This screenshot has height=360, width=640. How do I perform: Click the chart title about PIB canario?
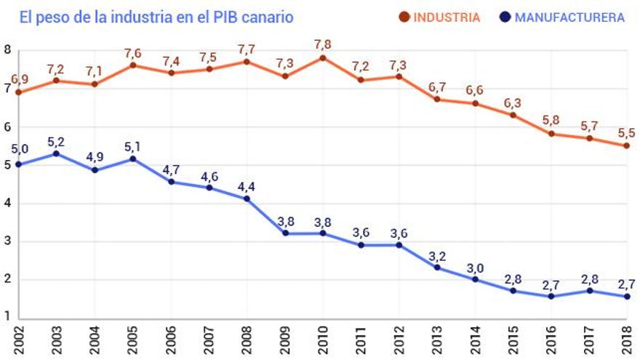pyautogui.click(x=156, y=16)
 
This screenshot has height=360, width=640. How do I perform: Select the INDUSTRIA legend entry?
pyautogui.click(x=439, y=17)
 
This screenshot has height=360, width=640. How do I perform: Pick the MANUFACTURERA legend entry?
pyautogui.click(x=563, y=17)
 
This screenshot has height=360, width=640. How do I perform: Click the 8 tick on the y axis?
pyautogui.click(x=7, y=50)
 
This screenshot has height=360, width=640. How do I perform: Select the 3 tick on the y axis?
pyautogui.click(x=7, y=241)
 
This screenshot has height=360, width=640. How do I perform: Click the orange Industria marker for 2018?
pyautogui.click(x=627, y=145)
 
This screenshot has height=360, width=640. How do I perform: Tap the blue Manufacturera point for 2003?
pyautogui.click(x=56, y=153)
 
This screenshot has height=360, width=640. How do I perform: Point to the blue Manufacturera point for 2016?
pyautogui.click(x=551, y=296)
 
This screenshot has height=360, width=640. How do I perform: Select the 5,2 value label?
pyautogui.click(x=56, y=140)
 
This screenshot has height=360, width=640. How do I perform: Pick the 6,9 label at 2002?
pyautogui.click(x=18, y=79)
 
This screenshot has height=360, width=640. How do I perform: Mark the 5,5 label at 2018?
pyautogui.click(x=627, y=132)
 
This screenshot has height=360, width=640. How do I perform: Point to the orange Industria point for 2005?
pyautogui.click(x=132, y=65)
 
